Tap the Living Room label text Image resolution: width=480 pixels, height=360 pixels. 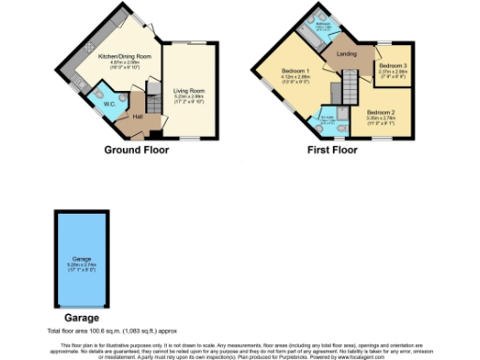pyautogui.click(x=187, y=91)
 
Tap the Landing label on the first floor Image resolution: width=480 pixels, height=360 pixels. pyautogui.click(x=346, y=55)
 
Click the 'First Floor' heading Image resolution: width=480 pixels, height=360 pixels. pyautogui.click(x=332, y=149)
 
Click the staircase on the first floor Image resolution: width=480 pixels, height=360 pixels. pyautogui.click(x=348, y=90)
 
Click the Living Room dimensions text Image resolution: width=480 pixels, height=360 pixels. pyautogui.click(x=187, y=97)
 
